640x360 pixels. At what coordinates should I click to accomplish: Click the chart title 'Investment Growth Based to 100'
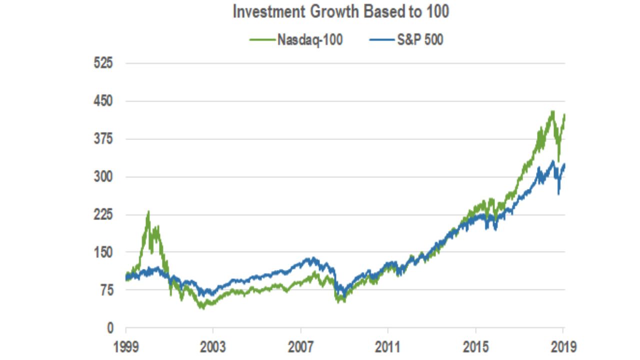340,12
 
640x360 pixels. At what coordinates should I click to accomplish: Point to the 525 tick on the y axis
103,63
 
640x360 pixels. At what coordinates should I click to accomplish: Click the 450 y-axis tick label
103,101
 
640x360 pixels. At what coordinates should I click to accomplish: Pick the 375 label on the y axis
103,139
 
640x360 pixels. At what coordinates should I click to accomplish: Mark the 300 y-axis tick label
103,177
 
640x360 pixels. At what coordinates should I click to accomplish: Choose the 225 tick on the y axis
103,215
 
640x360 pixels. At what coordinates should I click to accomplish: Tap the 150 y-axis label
103,252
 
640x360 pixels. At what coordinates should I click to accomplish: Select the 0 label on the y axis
110,328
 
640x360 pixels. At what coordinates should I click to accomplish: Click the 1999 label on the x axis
125,346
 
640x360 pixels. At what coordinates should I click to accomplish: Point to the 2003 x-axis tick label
213,346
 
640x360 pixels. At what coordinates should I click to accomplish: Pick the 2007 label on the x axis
300,346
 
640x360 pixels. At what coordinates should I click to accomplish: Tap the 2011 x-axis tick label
388,346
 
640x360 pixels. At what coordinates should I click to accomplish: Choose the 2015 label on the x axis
475,346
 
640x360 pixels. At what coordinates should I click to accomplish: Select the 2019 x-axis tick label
563,346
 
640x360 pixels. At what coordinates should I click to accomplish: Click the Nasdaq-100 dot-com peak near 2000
148,212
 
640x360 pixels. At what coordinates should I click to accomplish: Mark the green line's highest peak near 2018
552,111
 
